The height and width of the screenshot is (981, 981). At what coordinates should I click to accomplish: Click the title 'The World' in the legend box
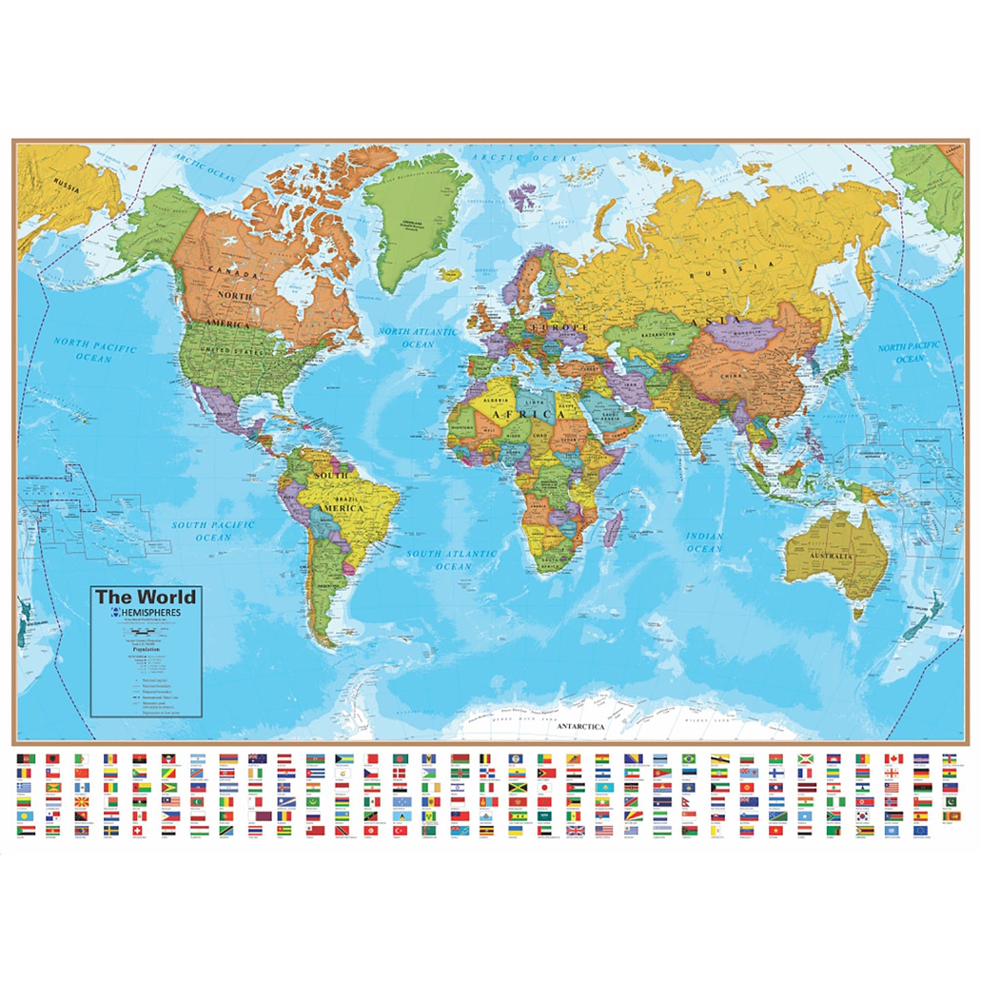tap(145, 597)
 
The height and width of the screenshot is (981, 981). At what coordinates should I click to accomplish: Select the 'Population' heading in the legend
tap(146, 649)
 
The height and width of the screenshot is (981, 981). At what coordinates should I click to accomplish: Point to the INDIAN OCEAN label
tap(704, 542)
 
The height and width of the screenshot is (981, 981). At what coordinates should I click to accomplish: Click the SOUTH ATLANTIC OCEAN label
tap(452, 559)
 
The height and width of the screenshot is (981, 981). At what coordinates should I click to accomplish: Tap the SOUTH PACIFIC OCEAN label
tap(213, 531)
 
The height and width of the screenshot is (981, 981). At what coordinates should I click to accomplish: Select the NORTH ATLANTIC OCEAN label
tap(418, 337)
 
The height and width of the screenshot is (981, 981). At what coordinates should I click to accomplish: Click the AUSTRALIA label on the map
tap(831, 556)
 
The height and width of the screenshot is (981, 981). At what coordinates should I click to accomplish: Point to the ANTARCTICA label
tap(580, 726)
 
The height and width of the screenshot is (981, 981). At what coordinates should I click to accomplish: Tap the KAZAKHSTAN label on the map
tap(655, 335)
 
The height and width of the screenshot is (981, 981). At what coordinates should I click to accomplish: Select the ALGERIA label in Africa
tap(495, 401)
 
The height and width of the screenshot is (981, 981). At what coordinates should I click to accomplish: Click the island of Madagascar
tap(612, 529)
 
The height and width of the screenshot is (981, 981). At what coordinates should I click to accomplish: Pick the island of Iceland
tap(449, 274)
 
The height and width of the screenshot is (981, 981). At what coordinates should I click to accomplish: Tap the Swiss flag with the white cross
tap(139, 830)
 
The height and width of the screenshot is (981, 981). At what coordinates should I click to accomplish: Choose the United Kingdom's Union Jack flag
tap(575, 830)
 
